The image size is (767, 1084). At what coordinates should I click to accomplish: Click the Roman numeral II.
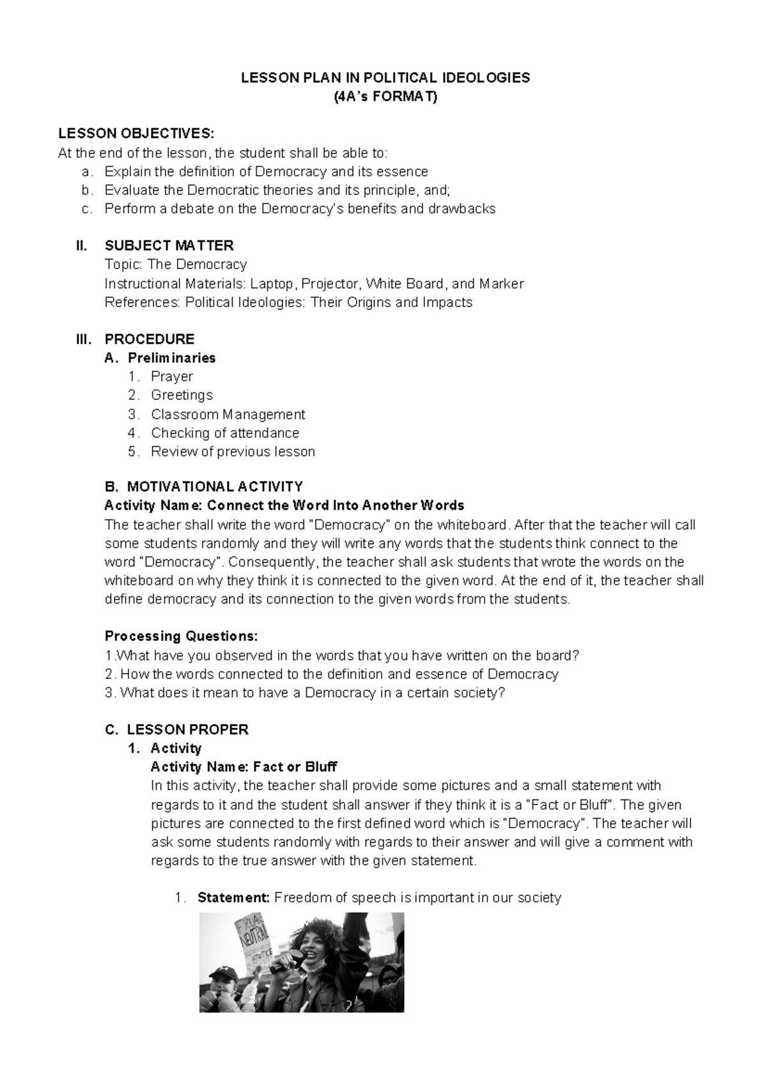tap(81, 245)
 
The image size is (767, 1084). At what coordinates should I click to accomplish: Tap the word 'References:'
tap(143, 302)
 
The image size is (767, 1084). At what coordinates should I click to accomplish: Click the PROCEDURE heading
tap(149, 339)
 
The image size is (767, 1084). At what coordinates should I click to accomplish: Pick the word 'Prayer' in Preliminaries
tap(171, 376)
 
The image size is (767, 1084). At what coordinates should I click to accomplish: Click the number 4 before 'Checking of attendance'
tap(132, 433)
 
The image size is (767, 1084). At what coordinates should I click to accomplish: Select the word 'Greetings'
tap(182, 395)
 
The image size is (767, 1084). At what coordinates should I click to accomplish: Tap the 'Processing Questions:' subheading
tap(182, 636)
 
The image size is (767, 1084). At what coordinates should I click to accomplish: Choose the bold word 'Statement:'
tap(234, 897)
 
